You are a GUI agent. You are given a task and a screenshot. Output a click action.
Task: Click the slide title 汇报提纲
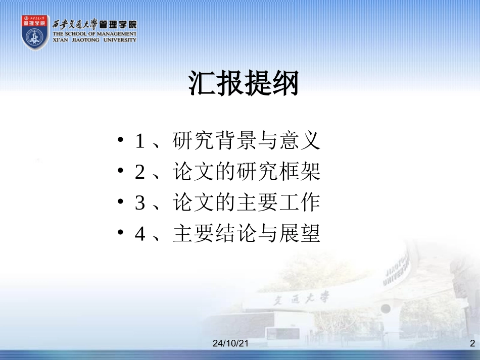(x=244, y=83)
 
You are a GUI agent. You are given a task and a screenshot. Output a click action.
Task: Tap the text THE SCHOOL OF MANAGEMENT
(x=94, y=34)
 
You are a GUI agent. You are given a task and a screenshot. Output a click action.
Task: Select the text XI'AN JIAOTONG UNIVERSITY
(x=94, y=40)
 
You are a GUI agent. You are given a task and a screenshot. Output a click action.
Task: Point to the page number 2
(x=472, y=344)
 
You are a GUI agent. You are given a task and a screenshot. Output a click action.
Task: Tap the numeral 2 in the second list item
(x=140, y=173)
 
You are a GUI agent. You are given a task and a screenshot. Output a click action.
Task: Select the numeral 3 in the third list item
(x=140, y=203)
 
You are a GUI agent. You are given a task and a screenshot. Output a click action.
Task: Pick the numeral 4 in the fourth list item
(x=140, y=234)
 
